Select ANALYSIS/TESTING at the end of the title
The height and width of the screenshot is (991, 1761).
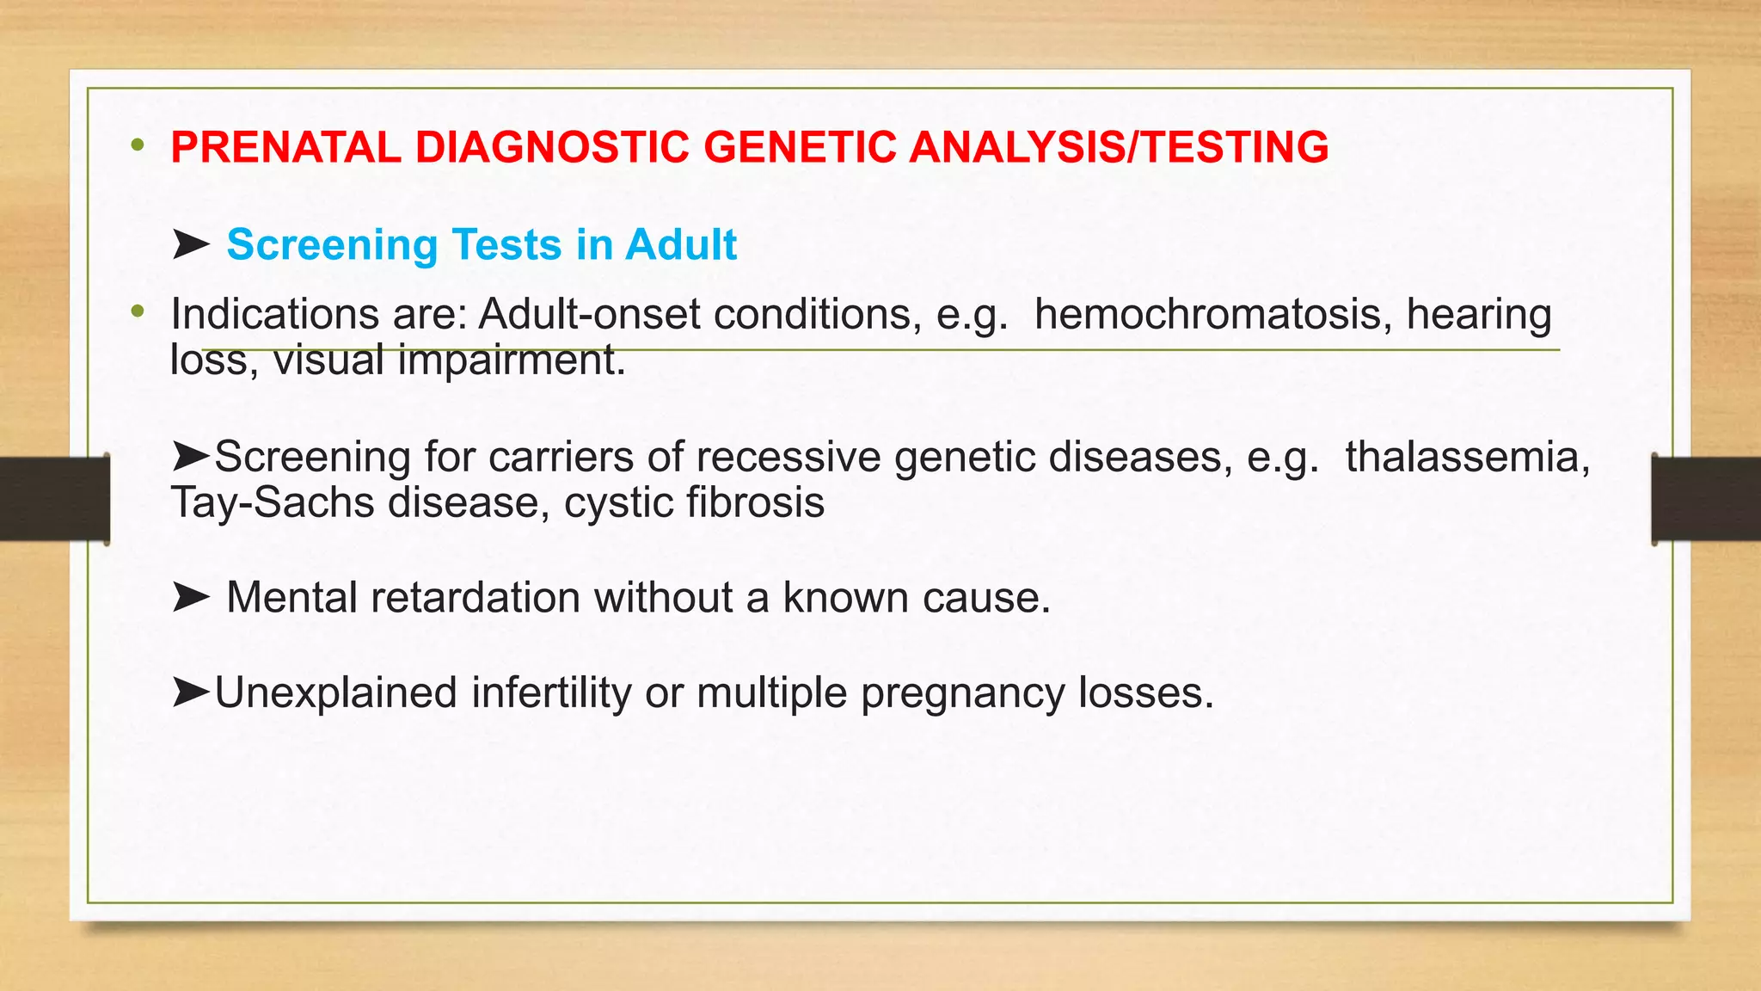[1119, 147]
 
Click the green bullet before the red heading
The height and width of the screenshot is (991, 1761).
[138, 145]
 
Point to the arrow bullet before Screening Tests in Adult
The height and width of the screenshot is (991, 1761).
[190, 245]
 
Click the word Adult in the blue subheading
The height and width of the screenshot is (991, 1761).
[681, 245]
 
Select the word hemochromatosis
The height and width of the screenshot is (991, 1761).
[1212, 315]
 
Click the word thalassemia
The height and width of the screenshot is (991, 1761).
[1467, 457]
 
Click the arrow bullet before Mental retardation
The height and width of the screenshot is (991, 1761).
[190, 597]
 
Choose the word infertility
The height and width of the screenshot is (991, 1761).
[551, 693]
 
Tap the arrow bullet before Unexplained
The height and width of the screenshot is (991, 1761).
[190, 692]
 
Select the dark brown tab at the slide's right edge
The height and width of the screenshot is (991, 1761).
[1706, 499]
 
